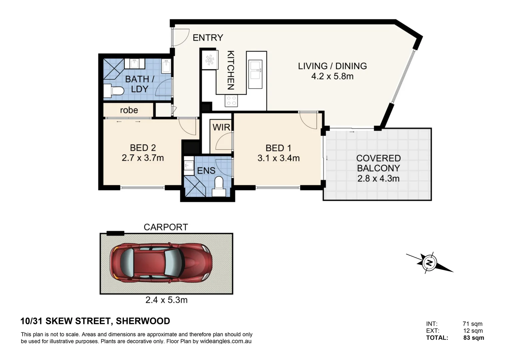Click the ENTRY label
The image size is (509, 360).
208,38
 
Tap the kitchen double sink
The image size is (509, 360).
255,74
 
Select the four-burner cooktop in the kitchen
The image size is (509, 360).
231,101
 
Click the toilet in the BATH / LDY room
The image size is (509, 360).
114,91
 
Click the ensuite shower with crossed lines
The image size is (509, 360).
195,186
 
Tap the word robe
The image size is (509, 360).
129,110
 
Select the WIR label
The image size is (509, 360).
221,127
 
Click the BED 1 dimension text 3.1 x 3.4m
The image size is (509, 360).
278,158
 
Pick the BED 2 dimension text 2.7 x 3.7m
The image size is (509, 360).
143,158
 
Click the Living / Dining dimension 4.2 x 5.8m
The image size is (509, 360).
332,76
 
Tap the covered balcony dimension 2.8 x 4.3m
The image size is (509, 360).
378,179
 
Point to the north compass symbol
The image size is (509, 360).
429,263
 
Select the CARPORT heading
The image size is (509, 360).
166,227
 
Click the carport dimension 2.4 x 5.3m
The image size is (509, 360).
166,300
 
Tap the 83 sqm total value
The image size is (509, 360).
474,338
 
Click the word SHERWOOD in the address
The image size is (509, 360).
143,321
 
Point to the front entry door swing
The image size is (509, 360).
181,38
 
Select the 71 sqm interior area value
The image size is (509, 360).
473,324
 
